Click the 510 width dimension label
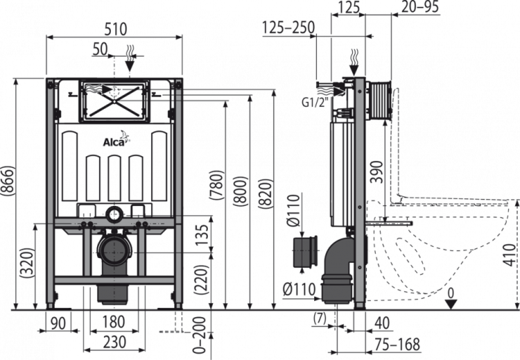(115, 29)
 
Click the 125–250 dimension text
(288, 27)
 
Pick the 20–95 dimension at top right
(420, 7)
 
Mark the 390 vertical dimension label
(377, 172)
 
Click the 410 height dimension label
(510, 255)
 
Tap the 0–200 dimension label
(199, 335)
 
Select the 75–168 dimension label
(397, 345)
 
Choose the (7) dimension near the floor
(320, 318)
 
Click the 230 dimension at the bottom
(114, 342)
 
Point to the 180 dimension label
(114, 322)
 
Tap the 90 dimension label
(58, 323)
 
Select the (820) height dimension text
(266, 194)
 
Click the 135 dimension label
(202, 235)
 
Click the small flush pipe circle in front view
(114, 214)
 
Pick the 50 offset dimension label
(100, 49)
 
